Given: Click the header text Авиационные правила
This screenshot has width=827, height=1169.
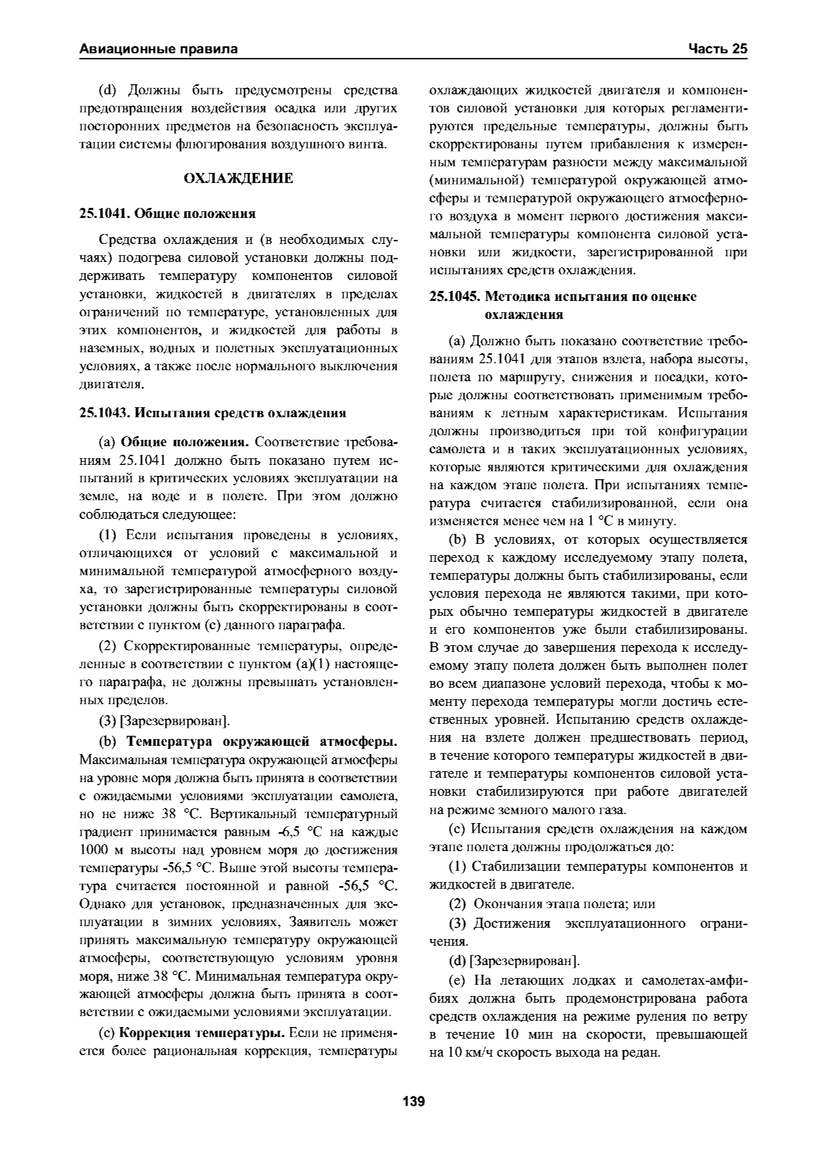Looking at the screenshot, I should click(x=158, y=49).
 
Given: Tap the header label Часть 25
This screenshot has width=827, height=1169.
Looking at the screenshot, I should click(x=718, y=49).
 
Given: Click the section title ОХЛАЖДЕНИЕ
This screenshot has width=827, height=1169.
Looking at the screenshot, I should click(x=238, y=179).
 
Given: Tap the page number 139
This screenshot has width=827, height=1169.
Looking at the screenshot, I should click(x=413, y=1102).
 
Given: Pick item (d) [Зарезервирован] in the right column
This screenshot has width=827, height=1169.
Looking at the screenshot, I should click(x=514, y=961).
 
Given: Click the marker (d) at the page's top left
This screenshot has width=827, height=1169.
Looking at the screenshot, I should click(x=107, y=91).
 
